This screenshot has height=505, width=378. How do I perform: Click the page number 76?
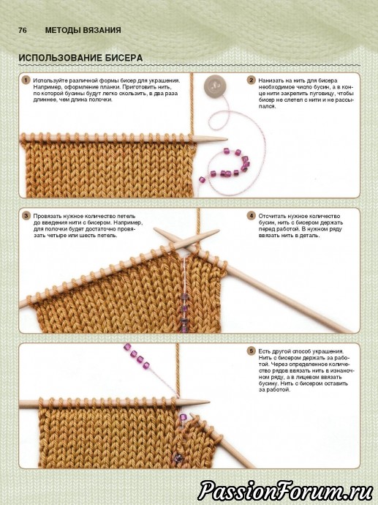coord(23,30)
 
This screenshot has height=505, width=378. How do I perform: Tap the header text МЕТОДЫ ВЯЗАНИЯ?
coord(83,30)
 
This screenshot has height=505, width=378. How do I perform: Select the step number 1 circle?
coord(26,81)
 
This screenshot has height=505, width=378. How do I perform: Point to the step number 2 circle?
coord(252,81)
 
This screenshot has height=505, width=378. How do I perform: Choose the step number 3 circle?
coord(26,216)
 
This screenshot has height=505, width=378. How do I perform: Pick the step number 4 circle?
coord(252,216)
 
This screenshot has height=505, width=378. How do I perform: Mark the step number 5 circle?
coord(252,351)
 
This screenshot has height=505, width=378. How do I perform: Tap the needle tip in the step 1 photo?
coord(226,140)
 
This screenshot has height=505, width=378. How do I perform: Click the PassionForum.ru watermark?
coord(284,490)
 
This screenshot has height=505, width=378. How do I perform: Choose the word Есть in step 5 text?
coord(264,351)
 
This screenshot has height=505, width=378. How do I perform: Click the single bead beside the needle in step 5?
coord(183,417)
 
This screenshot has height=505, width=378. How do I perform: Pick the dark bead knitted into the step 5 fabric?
coord(177,458)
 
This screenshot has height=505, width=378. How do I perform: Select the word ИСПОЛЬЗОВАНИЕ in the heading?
coord(59,58)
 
